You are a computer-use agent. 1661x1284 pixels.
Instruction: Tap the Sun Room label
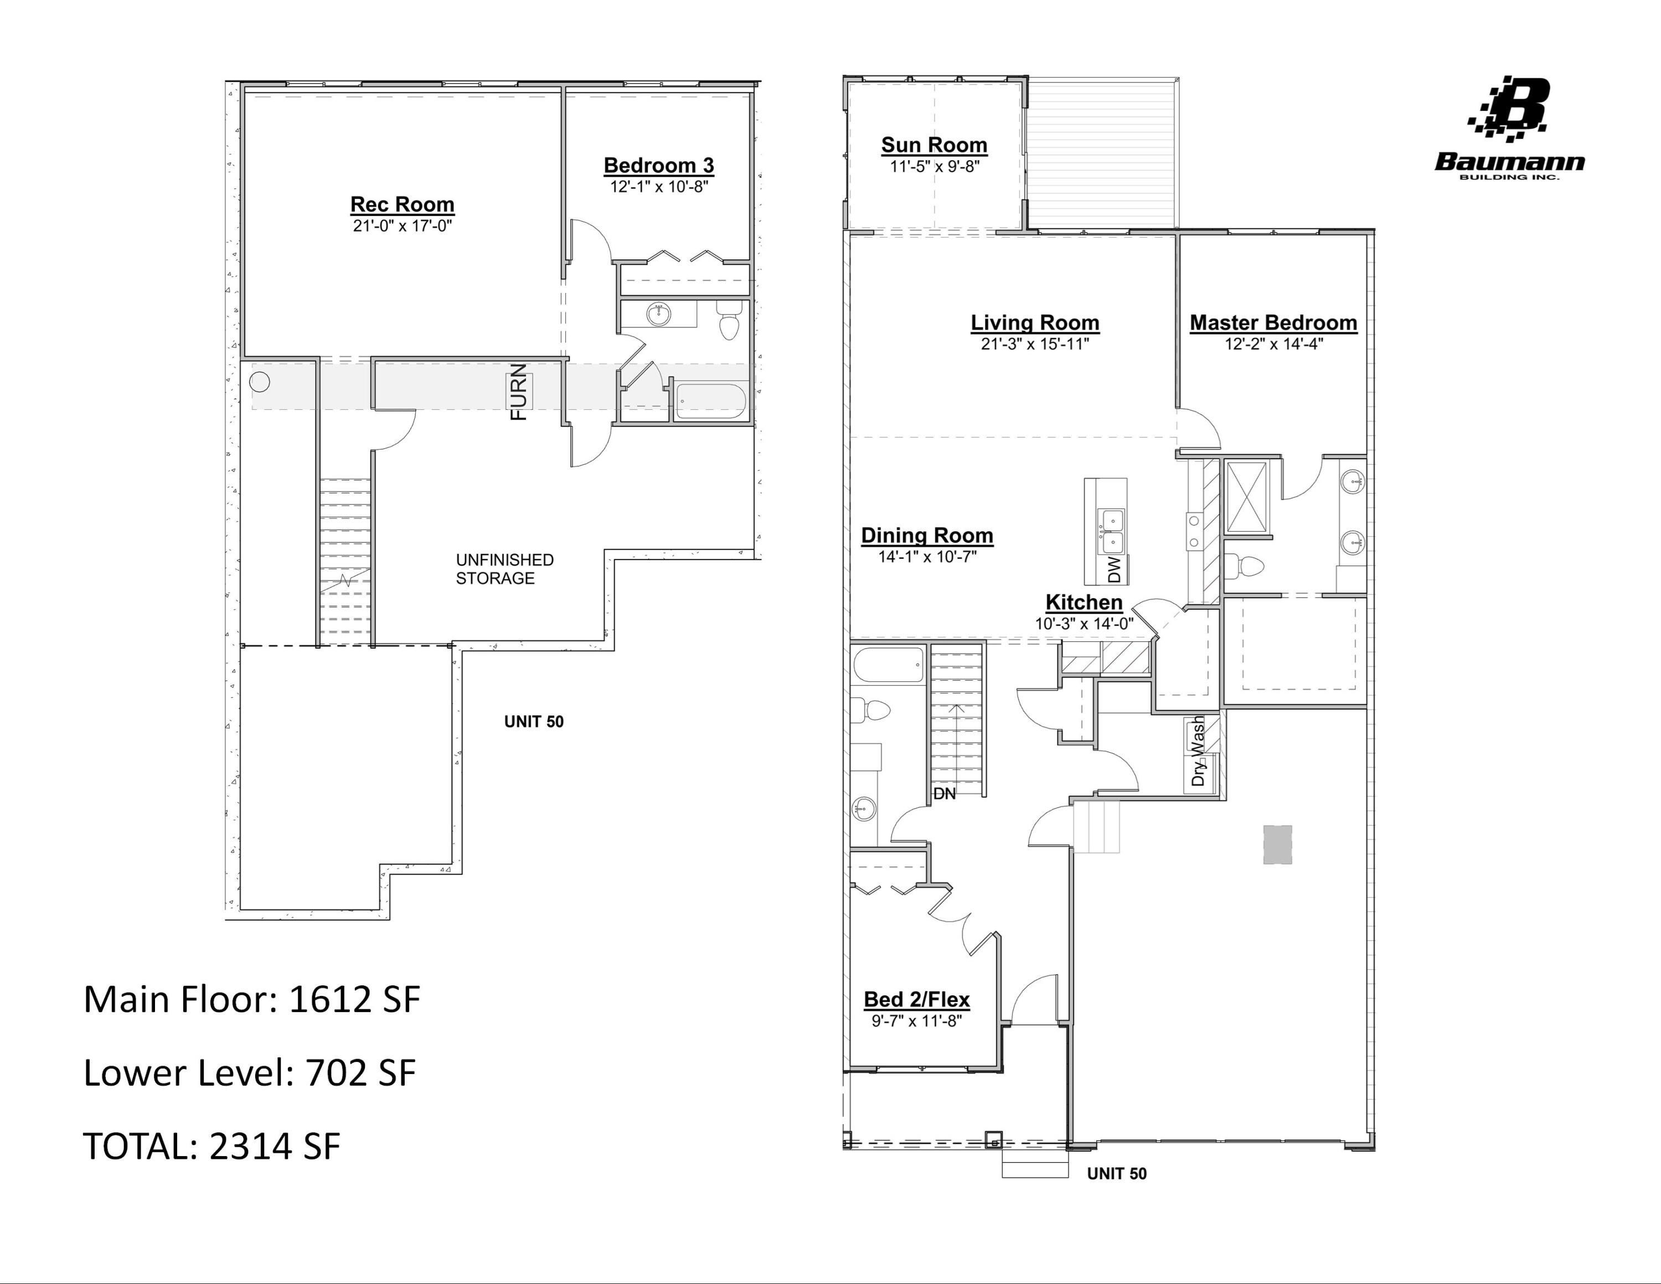point(934,145)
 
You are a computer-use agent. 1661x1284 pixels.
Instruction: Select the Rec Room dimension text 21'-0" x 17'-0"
point(403,226)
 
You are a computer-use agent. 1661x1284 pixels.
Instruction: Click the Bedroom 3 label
point(659,165)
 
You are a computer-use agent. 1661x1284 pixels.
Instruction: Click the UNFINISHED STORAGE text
point(504,569)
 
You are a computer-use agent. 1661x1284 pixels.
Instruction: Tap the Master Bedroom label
point(1273,322)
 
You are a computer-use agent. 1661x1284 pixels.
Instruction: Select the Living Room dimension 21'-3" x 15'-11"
point(1034,344)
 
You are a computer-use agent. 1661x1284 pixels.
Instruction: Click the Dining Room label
point(926,536)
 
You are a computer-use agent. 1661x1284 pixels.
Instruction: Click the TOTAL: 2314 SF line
point(212,1146)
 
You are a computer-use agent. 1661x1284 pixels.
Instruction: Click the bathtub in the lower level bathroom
point(711,401)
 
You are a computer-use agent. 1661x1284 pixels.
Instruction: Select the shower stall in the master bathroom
point(1246,496)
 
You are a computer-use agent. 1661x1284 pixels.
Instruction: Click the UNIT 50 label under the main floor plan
point(1116,1174)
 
